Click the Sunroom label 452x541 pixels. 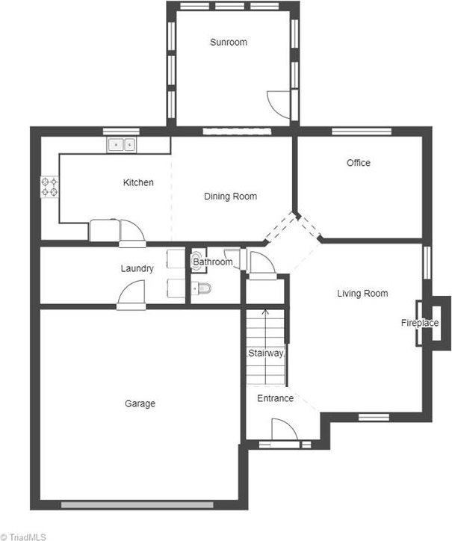(x=228, y=43)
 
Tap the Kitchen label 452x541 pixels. (x=138, y=182)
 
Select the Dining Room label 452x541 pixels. (x=230, y=197)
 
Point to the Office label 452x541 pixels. (x=358, y=163)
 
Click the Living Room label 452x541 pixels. (x=362, y=294)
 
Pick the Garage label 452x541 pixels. (x=140, y=404)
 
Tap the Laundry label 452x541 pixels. (x=137, y=269)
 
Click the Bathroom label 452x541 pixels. (x=212, y=262)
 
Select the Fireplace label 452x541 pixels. (x=419, y=323)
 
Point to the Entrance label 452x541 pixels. (x=275, y=398)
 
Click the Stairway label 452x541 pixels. (x=265, y=353)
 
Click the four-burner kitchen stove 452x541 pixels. (x=49, y=186)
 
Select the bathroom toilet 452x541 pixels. (x=202, y=288)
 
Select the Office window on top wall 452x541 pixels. (x=362, y=132)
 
